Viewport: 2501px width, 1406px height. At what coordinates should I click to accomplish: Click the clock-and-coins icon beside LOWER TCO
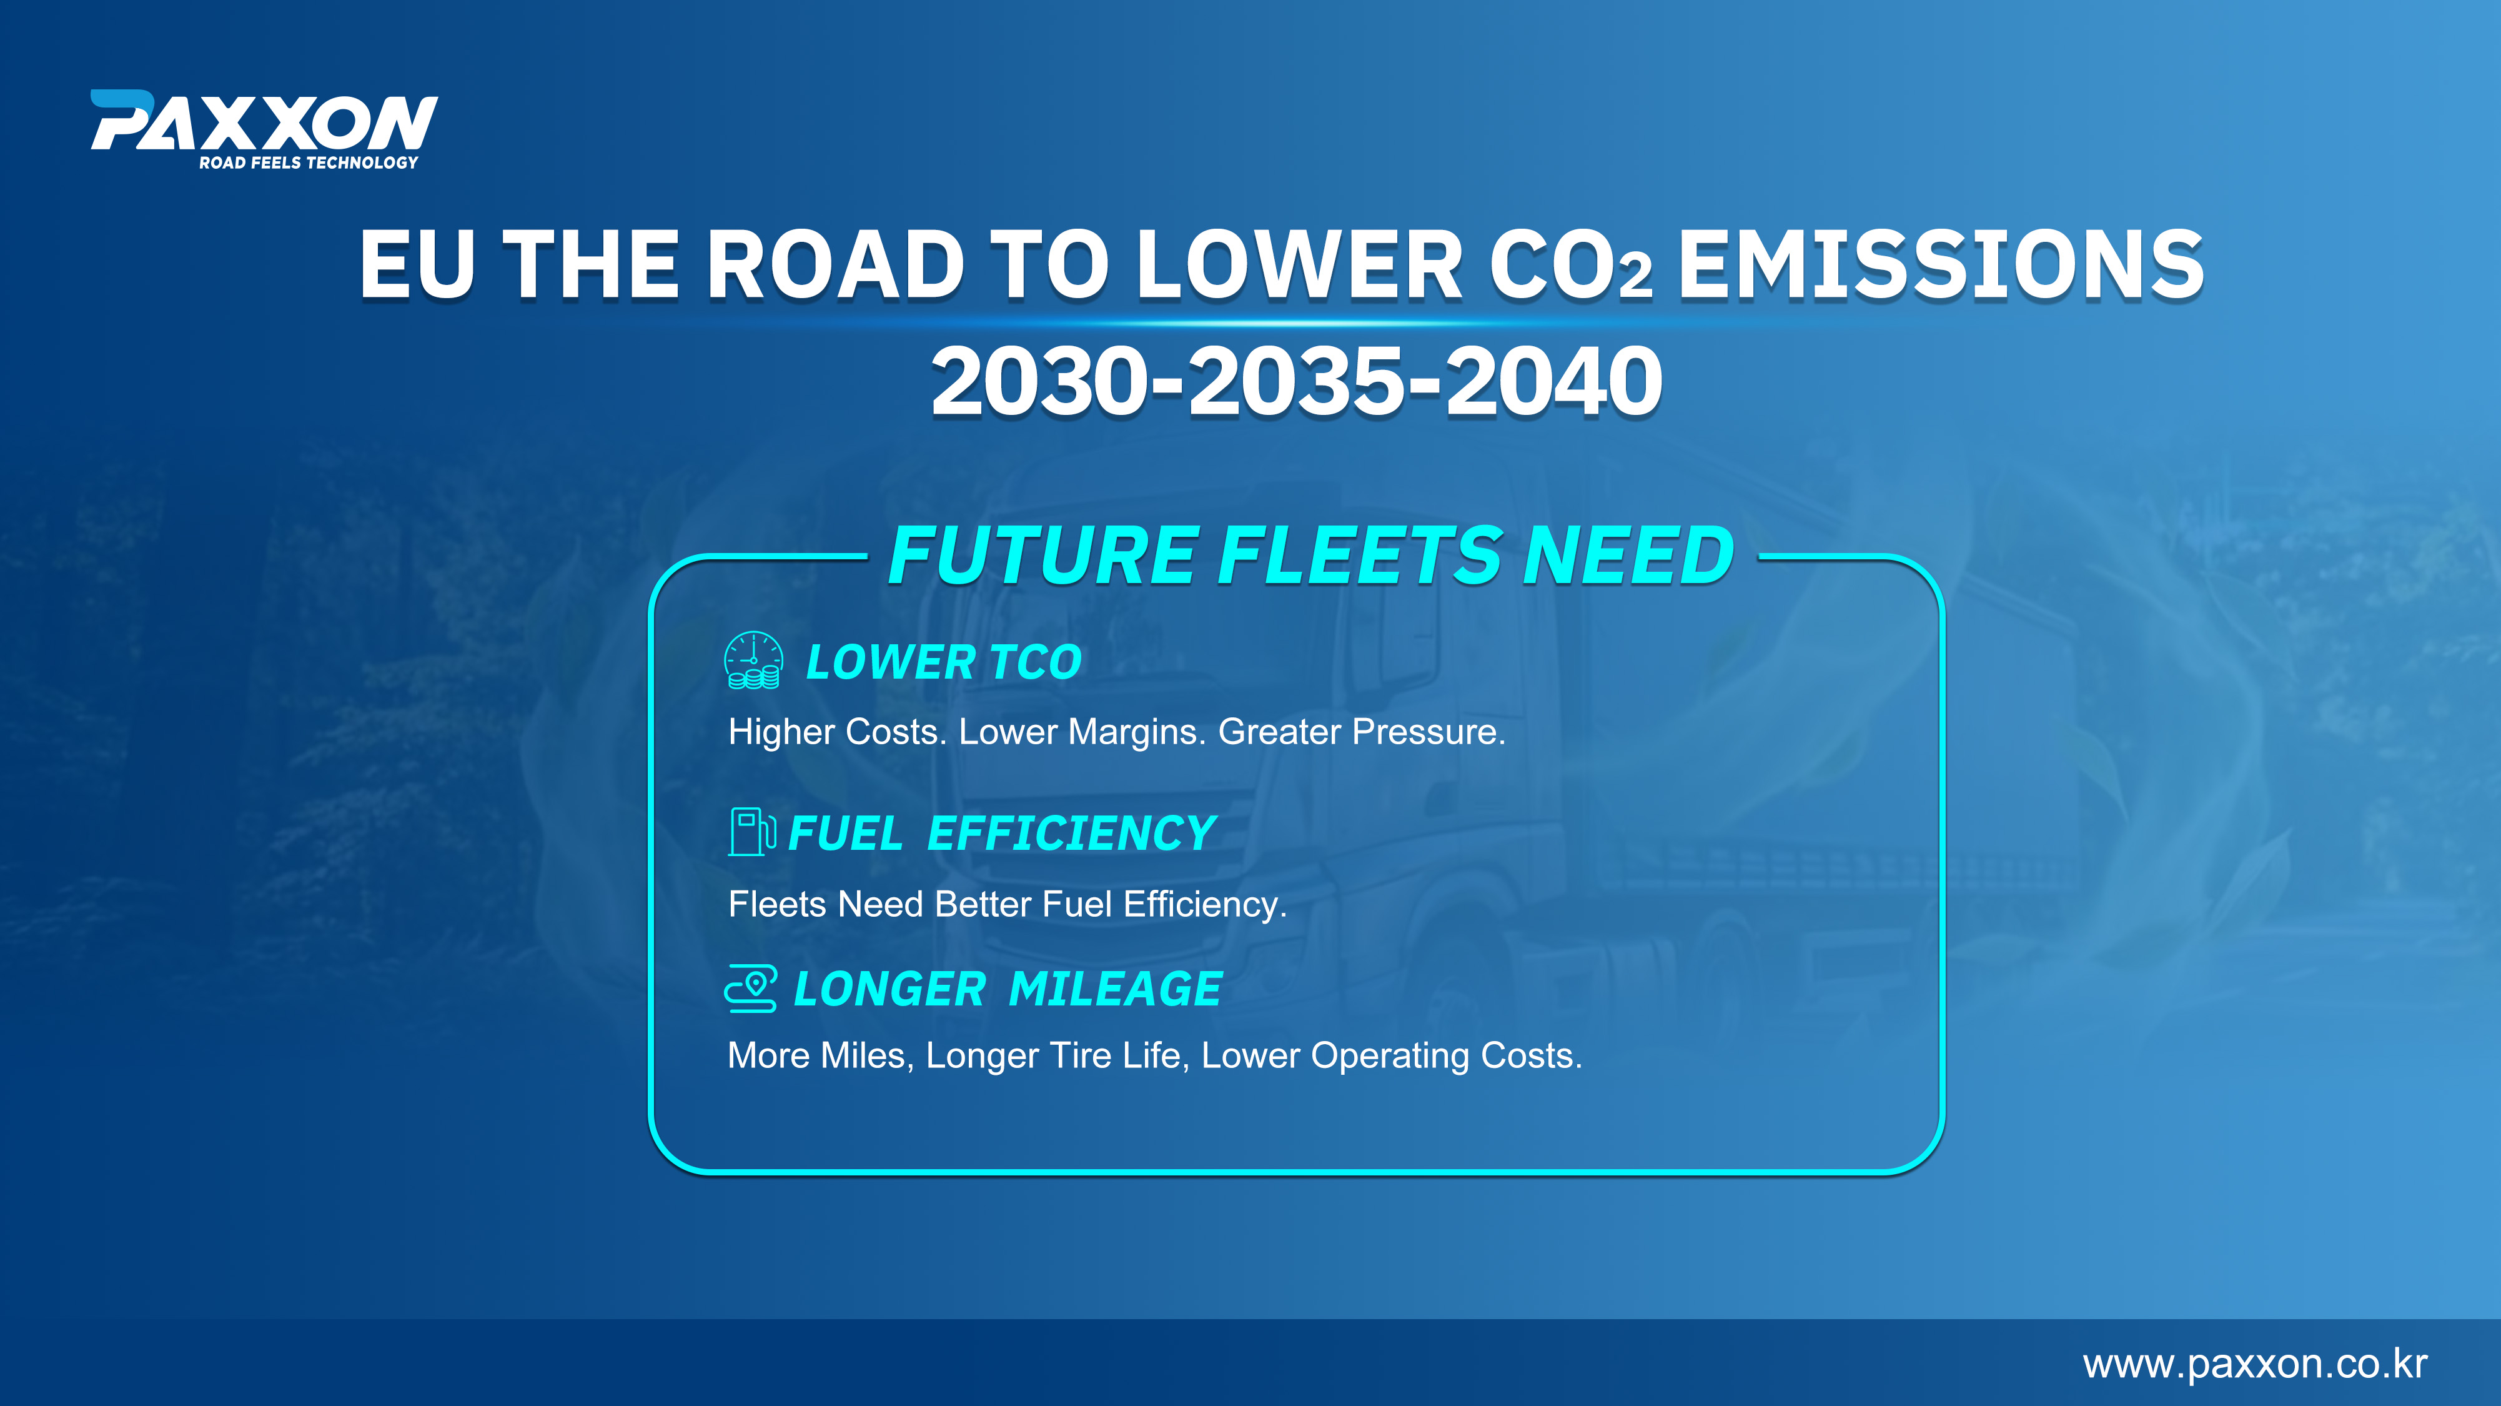click(753, 661)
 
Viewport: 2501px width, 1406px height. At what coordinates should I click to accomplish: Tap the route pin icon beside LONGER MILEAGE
click(751, 989)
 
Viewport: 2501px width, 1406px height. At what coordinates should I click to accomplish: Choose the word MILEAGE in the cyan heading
click(1116, 989)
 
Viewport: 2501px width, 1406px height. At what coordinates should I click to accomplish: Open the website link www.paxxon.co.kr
click(2254, 1364)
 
